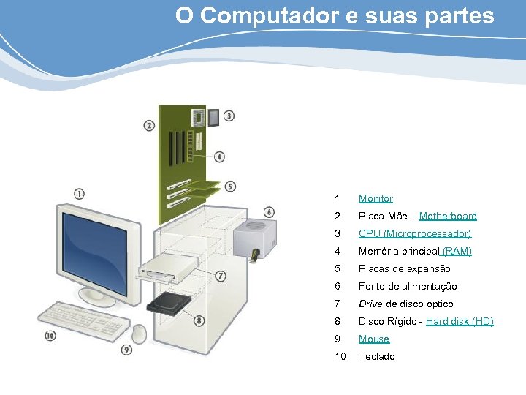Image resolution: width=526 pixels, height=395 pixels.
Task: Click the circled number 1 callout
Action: [x=79, y=193]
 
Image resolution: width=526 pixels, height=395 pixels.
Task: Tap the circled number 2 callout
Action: [x=149, y=126]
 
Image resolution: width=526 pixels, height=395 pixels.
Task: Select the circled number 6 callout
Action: [x=269, y=212]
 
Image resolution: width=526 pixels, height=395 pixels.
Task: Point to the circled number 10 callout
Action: [x=50, y=336]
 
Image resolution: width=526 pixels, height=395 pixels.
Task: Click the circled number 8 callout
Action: [x=199, y=320]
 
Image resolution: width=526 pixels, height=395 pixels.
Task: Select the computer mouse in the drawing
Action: [x=139, y=334]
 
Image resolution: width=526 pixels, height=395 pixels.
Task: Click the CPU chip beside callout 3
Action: [x=213, y=117]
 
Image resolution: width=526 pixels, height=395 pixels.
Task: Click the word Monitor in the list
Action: [x=376, y=198]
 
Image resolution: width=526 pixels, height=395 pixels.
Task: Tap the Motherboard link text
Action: [x=448, y=216]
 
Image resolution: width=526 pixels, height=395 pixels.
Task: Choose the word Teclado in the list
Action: [x=376, y=356]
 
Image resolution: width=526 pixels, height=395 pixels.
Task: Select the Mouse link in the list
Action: [x=373, y=339]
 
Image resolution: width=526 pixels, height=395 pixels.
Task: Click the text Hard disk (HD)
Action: [x=460, y=321]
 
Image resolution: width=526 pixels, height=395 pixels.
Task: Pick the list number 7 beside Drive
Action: [x=337, y=304]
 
